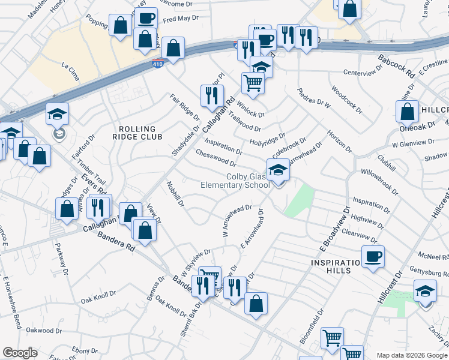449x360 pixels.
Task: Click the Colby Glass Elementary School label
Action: tap(248, 181)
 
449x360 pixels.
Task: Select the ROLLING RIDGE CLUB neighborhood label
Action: tap(137, 133)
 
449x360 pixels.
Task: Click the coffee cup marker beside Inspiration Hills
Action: tap(373, 256)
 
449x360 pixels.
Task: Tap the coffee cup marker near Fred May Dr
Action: tap(145, 18)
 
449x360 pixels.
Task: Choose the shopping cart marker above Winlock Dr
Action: tap(253, 83)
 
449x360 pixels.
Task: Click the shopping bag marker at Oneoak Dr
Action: tap(408, 112)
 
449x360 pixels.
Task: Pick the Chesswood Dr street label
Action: tap(215, 157)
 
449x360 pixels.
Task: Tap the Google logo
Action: tap(20, 353)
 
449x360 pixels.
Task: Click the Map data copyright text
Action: tap(412, 355)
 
